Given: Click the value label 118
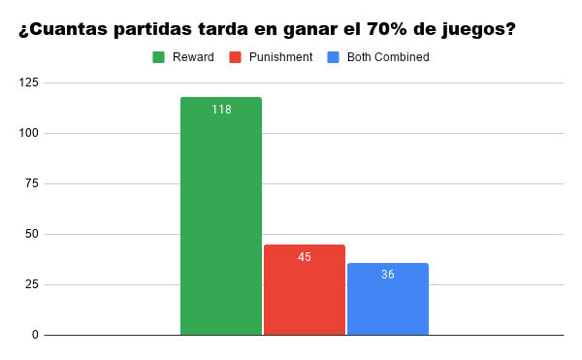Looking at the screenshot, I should tap(221, 110).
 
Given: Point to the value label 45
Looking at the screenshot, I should tap(305, 257).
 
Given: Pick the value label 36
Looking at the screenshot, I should tap(388, 275).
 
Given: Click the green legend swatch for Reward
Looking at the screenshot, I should tap(159, 57).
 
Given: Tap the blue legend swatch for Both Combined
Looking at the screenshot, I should tap(333, 57).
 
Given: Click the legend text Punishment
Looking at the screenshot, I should tap(280, 57).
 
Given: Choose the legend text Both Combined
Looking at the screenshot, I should tap(388, 57).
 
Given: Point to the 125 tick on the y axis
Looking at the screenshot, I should tap(29, 82).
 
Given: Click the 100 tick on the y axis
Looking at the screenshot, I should tap(29, 133).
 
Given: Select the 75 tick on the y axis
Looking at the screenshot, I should tap(32, 183).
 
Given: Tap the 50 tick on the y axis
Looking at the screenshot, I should tap(32, 234).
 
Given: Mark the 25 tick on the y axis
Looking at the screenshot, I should tap(32, 284).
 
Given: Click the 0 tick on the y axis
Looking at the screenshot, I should tap(35, 335).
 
